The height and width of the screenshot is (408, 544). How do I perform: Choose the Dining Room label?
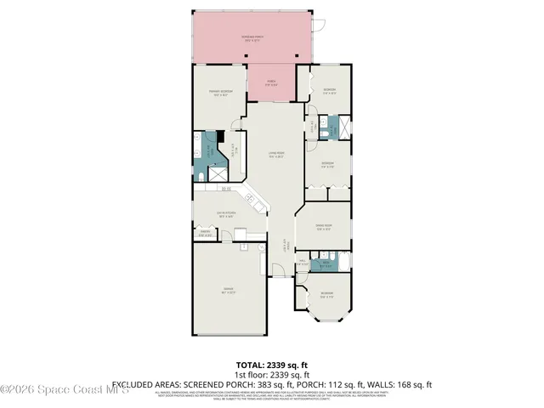[x=322, y=226]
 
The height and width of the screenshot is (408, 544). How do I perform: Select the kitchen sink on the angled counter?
[x=252, y=201]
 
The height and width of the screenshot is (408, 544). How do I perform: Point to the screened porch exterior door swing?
[x=317, y=27]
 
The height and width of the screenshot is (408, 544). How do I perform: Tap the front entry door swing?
[x=277, y=269]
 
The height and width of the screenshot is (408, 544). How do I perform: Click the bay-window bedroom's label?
[x=326, y=295]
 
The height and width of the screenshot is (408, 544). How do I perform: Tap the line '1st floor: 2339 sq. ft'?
[x=272, y=373]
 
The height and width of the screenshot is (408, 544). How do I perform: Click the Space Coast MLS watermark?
[x=64, y=390]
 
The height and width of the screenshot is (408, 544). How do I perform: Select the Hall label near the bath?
[x=303, y=263]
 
